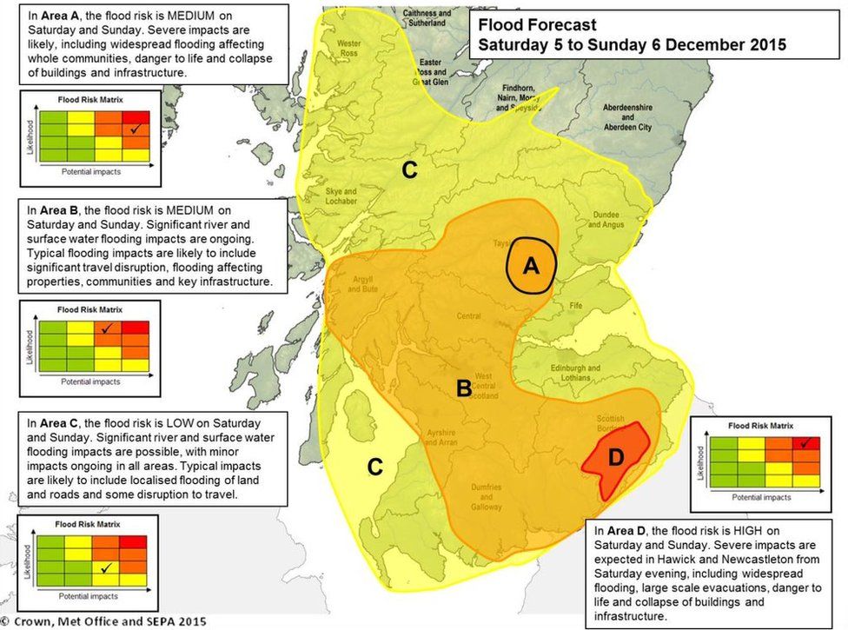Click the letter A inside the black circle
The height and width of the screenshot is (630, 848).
[x=531, y=268]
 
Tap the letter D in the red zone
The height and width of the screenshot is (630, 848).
[x=615, y=458]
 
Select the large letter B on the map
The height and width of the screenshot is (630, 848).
[x=465, y=388]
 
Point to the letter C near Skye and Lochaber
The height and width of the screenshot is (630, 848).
[x=409, y=170]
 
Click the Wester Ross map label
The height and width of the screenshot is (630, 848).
[x=348, y=47]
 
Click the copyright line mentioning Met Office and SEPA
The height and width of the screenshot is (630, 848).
[x=104, y=620]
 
